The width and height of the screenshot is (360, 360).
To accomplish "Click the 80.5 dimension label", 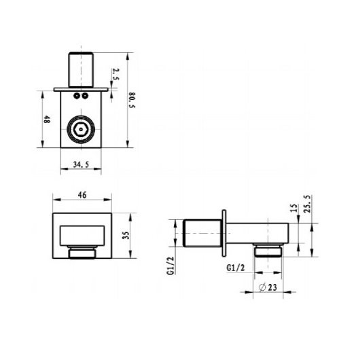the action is pyautogui.click(x=132, y=100).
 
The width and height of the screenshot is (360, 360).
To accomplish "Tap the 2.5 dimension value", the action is pyautogui.click(x=115, y=74).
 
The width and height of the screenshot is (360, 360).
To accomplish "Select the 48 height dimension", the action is pyautogui.click(x=47, y=120).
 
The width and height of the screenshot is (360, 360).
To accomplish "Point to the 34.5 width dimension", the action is pyautogui.click(x=81, y=164).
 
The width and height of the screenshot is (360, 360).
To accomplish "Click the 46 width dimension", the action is pyautogui.click(x=82, y=195).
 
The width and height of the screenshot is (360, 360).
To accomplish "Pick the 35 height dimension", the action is pyautogui.click(x=126, y=236).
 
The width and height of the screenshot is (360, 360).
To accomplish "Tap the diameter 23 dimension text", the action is pyautogui.click(x=268, y=287).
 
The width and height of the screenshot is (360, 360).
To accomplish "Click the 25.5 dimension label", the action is pyautogui.click(x=307, y=204).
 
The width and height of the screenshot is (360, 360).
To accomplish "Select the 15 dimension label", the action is pyautogui.click(x=294, y=208).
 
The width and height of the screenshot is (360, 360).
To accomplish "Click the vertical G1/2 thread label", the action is pyautogui.click(x=171, y=266).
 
